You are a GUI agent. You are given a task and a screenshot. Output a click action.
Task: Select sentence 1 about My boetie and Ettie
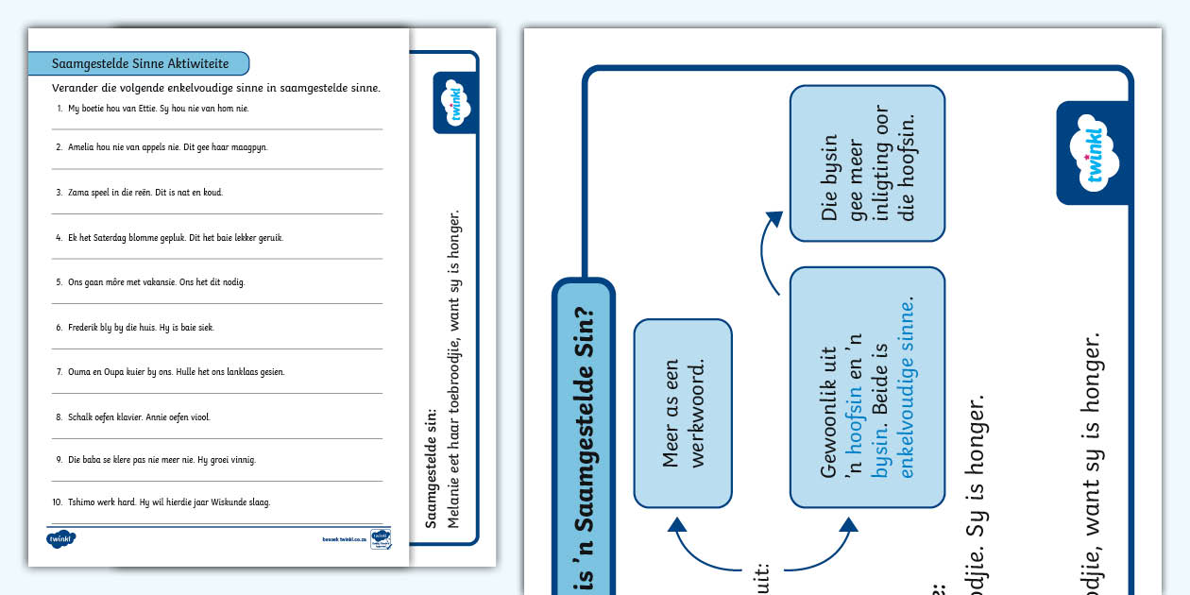[158, 108]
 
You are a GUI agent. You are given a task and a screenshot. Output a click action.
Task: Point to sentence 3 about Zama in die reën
[144, 192]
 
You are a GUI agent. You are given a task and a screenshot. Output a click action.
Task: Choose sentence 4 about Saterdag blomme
[175, 237]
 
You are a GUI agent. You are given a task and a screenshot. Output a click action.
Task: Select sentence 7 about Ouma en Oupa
[176, 371]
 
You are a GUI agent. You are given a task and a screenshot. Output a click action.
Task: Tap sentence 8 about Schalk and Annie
[139, 416]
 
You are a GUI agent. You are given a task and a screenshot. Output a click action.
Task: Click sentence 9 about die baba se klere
[161, 460]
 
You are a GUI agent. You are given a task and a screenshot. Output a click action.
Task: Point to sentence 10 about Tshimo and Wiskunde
[168, 501]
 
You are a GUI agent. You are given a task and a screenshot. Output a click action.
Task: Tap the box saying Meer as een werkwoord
[683, 414]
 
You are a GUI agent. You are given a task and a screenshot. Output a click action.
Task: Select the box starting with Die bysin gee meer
[867, 162]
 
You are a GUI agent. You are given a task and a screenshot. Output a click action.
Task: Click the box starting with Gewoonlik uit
[867, 387]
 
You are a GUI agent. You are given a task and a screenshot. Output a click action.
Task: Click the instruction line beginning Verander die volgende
[216, 88]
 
